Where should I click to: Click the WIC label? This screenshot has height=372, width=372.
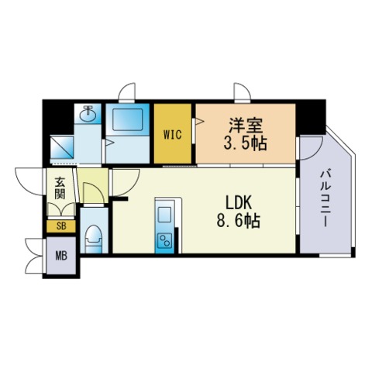click(172, 133)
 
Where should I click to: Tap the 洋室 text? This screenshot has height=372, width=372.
click(243, 122)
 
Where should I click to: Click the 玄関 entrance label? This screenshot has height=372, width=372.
click(60, 191)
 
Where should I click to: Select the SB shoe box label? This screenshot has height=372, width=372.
click(60, 226)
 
